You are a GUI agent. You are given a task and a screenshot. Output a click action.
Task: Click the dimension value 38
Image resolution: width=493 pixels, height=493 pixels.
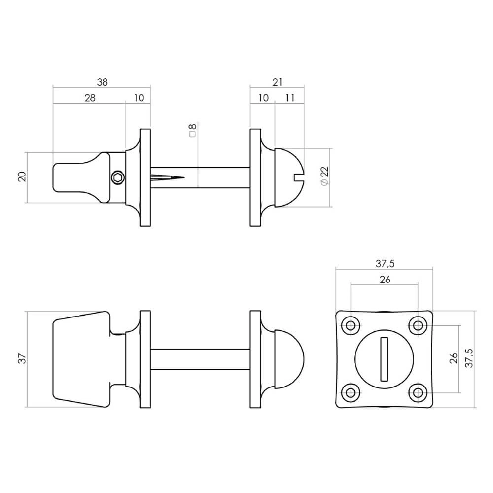[102, 82]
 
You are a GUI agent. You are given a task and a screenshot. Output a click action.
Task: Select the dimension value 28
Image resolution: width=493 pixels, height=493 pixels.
[89, 98]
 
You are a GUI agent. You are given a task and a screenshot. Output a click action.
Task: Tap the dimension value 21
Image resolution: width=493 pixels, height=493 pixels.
[277, 82]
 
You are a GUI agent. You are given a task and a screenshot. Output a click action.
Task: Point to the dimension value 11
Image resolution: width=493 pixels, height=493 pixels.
[290, 98]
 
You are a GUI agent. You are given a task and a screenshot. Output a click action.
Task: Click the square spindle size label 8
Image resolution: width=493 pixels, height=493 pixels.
[192, 129]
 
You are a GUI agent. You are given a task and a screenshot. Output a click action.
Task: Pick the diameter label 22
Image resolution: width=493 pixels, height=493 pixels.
[324, 176]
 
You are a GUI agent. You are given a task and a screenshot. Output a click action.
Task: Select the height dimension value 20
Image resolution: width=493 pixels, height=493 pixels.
[22, 177]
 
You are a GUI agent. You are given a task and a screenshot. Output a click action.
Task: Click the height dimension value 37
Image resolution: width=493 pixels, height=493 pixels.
[22, 359]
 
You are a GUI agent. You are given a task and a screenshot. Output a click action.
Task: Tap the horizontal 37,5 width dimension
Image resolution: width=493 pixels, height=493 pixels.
[385, 264]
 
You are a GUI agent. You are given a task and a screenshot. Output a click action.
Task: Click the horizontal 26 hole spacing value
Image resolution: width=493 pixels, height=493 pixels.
[385, 279]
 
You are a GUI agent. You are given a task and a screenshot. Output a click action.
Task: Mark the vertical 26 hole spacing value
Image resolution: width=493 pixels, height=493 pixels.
[454, 359]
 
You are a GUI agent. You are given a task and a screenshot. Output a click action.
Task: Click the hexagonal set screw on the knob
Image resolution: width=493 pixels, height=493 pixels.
[118, 177]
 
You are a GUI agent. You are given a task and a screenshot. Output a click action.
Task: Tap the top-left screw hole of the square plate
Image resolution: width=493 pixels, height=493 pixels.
[351, 325]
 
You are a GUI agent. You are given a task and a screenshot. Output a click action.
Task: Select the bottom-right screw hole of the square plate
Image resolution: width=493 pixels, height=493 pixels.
[418, 392]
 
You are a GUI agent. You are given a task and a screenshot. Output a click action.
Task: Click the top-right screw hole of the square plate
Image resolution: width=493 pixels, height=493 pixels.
[418, 325]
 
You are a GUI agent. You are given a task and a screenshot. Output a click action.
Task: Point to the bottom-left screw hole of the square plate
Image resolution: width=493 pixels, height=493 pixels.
[351, 392]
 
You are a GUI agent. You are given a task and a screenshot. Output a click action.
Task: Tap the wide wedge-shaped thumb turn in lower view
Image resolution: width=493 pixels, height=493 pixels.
[80, 359]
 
